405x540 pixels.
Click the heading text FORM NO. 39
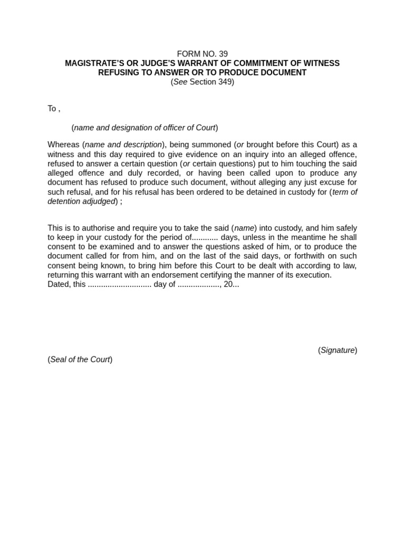pos(202,54)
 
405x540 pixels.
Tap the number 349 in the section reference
pos(225,82)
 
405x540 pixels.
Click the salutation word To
pos(52,109)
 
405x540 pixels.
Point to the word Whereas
pos(63,144)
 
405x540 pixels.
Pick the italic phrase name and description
pos(123,144)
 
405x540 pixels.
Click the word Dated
pos(59,284)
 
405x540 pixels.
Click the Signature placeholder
pos(337,350)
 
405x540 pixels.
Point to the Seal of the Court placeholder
pos(80,360)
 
